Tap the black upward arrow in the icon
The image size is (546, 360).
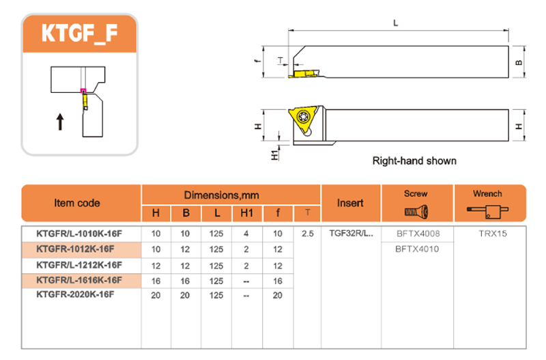tap(60, 122)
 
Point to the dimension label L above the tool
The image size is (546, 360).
tap(397, 23)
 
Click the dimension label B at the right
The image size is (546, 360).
tap(519, 63)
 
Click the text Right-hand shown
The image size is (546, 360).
tap(414, 161)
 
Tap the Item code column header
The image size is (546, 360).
tap(76, 203)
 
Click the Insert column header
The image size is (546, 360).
tap(350, 203)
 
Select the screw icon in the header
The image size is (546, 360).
tap(415, 212)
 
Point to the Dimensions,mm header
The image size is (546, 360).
tap(231, 195)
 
